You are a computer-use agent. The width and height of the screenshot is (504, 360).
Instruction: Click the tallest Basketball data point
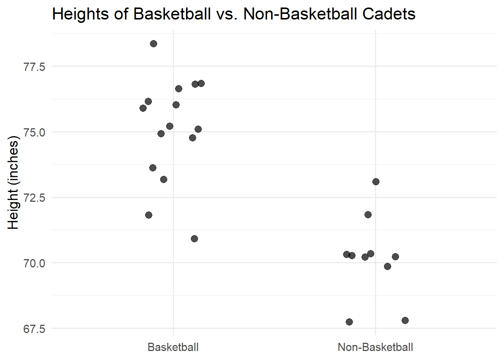coord(153,44)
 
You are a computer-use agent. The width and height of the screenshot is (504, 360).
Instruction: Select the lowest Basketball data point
coord(194,239)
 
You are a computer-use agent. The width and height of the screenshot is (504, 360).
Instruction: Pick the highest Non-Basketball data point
coord(376,182)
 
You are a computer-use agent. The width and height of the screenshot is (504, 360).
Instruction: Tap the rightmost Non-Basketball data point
coord(405,321)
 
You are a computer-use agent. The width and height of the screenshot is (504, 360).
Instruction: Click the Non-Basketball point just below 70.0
coord(387,267)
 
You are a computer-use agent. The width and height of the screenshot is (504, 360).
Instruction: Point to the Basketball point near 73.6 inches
coord(153,168)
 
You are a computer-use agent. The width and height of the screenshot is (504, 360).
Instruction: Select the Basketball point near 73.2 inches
coord(163,180)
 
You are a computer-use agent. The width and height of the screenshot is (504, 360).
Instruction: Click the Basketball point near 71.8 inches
coord(148,215)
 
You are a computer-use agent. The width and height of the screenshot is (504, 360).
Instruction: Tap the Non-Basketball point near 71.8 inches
coord(368,215)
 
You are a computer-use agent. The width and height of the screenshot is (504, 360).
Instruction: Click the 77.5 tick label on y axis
coord(34,67)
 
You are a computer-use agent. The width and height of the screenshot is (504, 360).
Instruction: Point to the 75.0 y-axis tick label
coord(34,132)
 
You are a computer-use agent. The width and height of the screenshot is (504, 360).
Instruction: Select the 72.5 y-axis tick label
coord(34,198)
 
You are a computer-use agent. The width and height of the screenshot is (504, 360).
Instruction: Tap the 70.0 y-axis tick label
coord(34,263)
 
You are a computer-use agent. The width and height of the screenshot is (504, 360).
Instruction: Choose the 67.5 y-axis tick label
coord(34,329)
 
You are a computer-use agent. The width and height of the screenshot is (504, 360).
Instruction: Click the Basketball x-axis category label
coord(173,347)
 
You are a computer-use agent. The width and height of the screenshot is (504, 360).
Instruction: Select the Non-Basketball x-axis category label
coord(375,347)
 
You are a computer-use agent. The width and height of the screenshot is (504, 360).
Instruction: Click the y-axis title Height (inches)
coord(13,182)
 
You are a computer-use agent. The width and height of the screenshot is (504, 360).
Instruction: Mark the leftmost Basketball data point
coord(143,108)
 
